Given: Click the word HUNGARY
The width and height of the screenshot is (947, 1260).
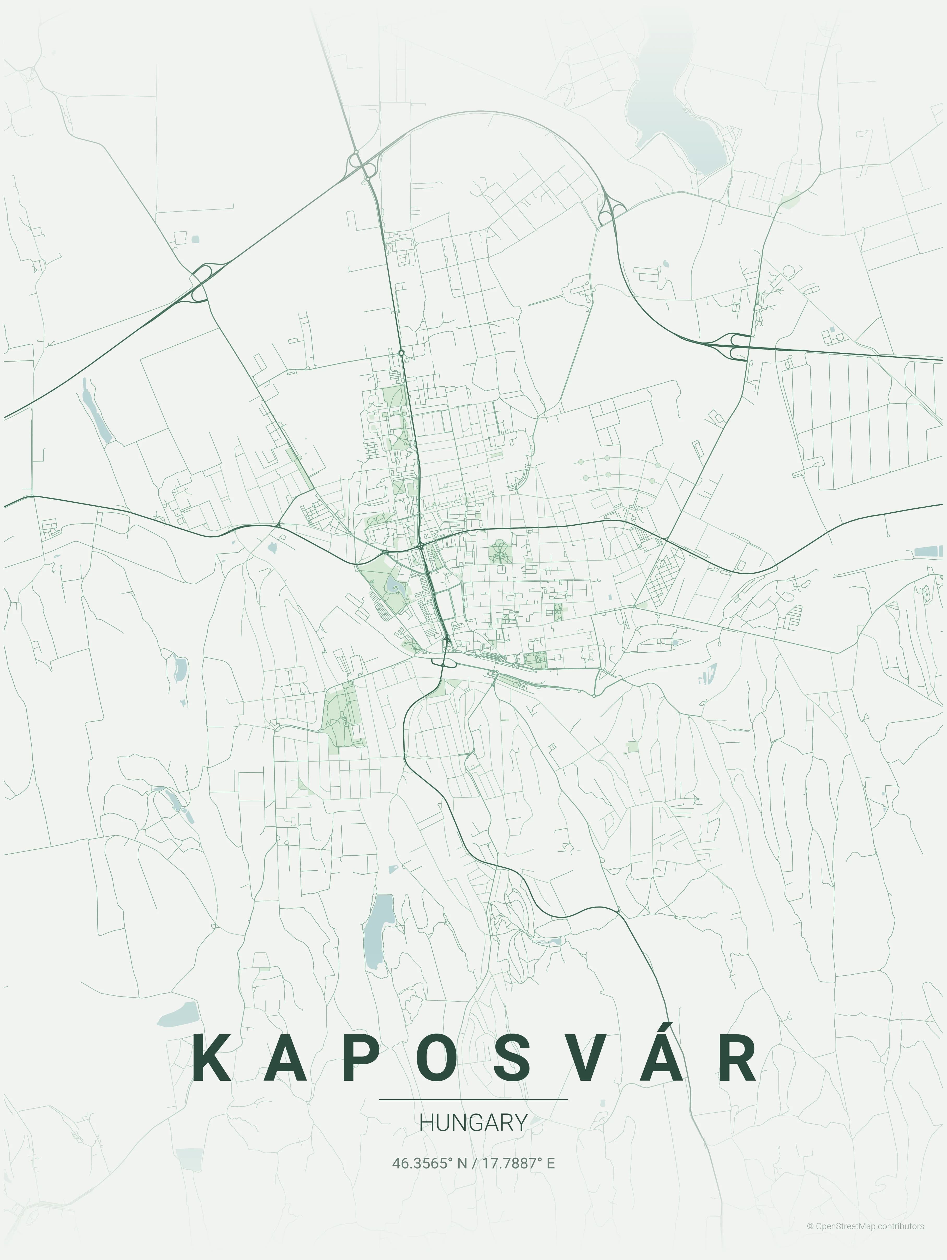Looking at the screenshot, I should pyautogui.click(x=473, y=1123).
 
